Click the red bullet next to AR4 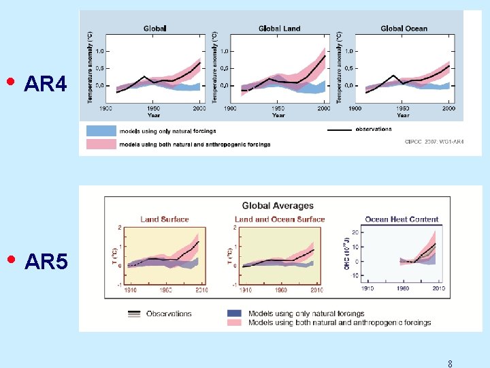coord(10,82)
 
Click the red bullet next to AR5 coord(10,259)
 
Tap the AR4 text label coord(46,85)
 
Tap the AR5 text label coord(46,262)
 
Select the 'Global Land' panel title coord(279,29)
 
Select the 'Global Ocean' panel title coord(404,29)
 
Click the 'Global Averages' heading coord(278,206)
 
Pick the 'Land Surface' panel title coord(165,219)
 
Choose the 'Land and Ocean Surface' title coord(280,219)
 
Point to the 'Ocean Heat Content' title coord(402,219)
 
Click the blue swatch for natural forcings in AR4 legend coord(101,131)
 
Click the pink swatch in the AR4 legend coord(101,144)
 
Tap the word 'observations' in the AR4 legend coord(373,129)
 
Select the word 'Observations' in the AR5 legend coord(169,313)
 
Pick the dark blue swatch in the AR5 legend coord(234,313)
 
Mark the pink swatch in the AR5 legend coord(234,322)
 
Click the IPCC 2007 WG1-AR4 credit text coord(434,142)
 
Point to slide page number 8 coord(450,364)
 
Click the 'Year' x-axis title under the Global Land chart coord(278,115)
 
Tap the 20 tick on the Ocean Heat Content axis coord(354,232)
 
